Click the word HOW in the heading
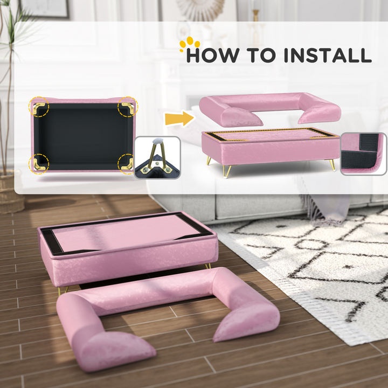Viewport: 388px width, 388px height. [x=213, y=56]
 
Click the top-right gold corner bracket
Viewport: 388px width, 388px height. [x=128, y=106]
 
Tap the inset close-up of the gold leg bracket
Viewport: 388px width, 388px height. [x=157, y=157]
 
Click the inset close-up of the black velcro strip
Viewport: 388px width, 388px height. [x=364, y=154]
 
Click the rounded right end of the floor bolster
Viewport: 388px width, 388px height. [x=248, y=318]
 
